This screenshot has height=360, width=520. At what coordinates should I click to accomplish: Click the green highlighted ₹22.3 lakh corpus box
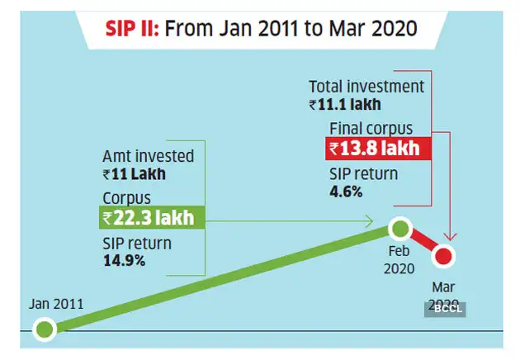pyautogui.click(x=150, y=219)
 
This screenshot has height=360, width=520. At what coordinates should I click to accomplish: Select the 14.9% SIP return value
pyautogui.click(x=124, y=261)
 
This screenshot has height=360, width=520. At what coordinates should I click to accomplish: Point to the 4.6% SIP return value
pyautogui.click(x=346, y=192)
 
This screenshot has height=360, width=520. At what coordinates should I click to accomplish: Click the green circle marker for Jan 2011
pyautogui.click(x=45, y=330)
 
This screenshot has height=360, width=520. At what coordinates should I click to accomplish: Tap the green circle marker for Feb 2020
pyautogui.click(x=399, y=228)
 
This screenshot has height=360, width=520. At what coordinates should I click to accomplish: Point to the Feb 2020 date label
pyautogui.click(x=400, y=258)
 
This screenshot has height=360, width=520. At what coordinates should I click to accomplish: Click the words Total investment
pyautogui.click(x=366, y=86)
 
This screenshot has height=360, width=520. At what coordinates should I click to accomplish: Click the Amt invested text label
pyautogui.click(x=149, y=155)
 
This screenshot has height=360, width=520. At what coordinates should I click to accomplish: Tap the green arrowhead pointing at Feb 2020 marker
pyautogui.click(x=371, y=220)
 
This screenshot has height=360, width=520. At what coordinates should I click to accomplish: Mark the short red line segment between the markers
pyautogui.click(x=423, y=243)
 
